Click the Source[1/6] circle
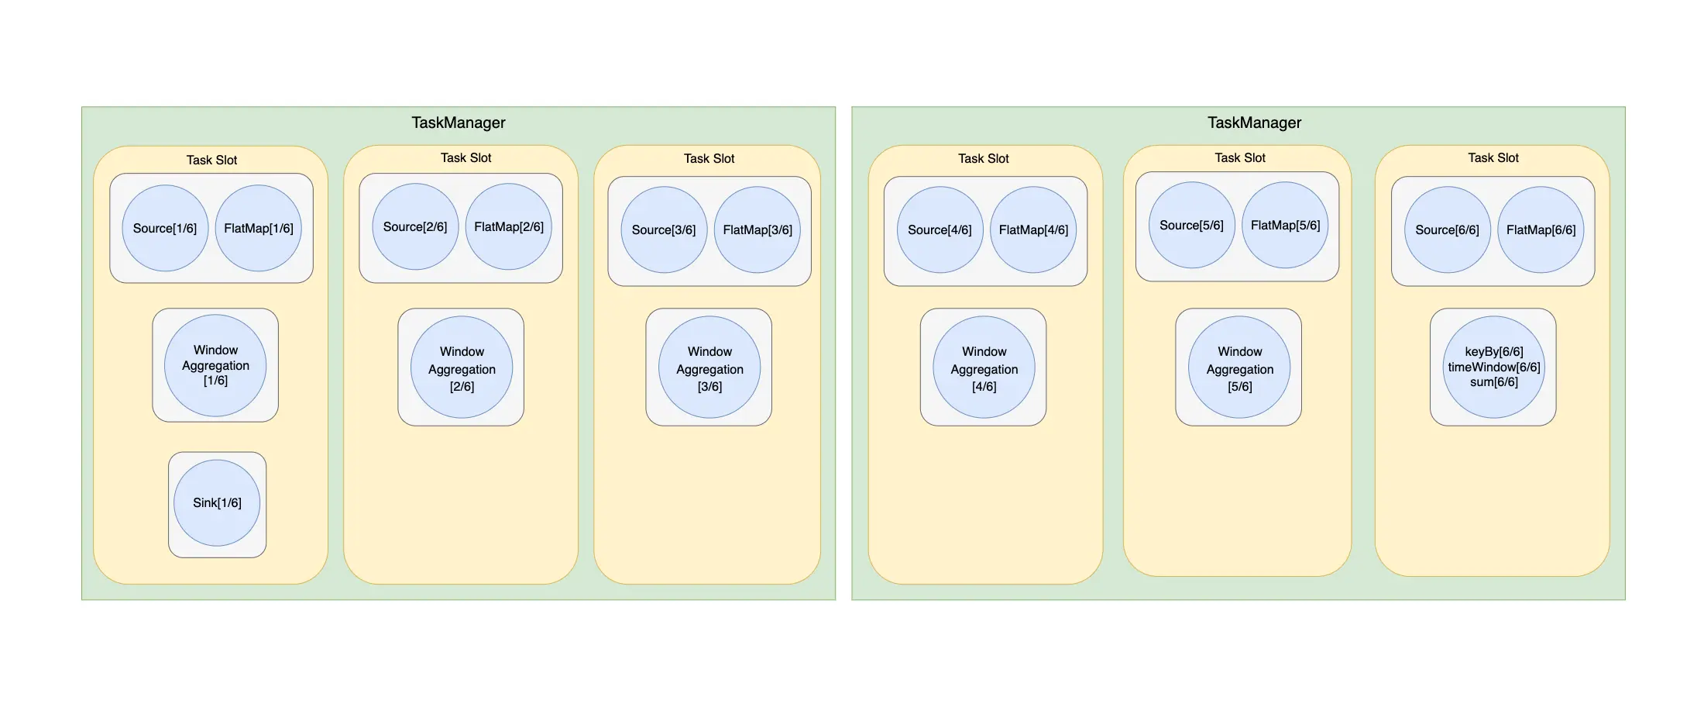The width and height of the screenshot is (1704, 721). pos(165,228)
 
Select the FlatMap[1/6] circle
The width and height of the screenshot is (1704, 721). pos(258,228)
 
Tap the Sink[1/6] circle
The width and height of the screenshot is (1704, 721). pos(217,503)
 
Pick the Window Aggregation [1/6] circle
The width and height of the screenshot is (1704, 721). pos(215,365)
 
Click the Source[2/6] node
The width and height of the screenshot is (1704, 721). pos(415,226)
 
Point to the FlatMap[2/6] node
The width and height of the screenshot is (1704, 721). pos(508,226)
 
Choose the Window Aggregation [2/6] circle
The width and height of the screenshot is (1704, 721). pos(462,367)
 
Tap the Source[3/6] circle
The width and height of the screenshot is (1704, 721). pos(664,229)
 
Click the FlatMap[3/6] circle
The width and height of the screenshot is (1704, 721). pos(757,229)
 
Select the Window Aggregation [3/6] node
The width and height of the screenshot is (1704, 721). pos(709,367)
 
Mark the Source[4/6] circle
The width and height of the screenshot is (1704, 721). pos(940,229)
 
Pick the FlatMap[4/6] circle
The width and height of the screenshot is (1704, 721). pos(1033,229)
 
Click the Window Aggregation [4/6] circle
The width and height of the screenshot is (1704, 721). pos(984,367)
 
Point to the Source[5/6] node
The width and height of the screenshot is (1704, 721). pos(1191,225)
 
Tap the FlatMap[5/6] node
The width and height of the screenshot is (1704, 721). pos(1285,225)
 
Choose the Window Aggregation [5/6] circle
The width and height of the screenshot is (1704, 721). pos(1239,367)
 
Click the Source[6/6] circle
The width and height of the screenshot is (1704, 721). pos(1447,229)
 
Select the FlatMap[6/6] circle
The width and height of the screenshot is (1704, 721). pos(1541,229)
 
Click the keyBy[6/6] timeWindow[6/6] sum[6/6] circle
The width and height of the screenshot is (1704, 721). pos(1493,367)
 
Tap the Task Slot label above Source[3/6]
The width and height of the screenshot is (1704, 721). pos(709,158)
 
